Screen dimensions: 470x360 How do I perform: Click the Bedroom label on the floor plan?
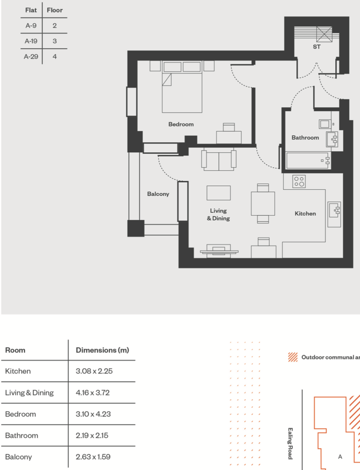pyautogui.click(x=181, y=124)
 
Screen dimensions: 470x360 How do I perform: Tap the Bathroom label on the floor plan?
pyautogui.click(x=305, y=137)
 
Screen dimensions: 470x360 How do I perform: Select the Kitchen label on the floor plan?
pyautogui.click(x=305, y=213)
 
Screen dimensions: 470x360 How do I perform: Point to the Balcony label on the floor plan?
pyautogui.click(x=158, y=194)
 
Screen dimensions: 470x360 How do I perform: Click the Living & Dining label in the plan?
pyautogui.click(x=218, y=214)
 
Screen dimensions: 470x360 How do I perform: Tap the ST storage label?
pyautogui.click(x=317, y=47)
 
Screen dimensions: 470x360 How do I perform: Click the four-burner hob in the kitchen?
pyautogui.click(x=299, y=181)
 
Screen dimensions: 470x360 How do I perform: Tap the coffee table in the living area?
pyautogui.click(x=218, y=193)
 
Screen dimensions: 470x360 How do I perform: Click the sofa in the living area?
pyautogui.click(x=218, y=160)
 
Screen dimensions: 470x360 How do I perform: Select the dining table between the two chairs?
pyautogui.click(x=263, y=204)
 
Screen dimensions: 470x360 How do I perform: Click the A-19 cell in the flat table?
pyautogui.click(x=31, y=41)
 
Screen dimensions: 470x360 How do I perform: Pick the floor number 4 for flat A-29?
pyautogui.click(x=55, y=57)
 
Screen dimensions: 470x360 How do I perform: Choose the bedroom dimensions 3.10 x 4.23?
pyautogui.click(x=94, y=414)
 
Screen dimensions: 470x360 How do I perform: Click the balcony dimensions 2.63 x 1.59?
pyautogui.click(x=94, y=457)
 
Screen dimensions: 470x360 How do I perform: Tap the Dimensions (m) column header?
pyautogui.click(x=102, y=350)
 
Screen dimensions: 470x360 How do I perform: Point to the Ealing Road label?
pyautogui.click(x=290, y=443)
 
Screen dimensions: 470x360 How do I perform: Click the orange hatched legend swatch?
pyautogui.click(x=293, y=357)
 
